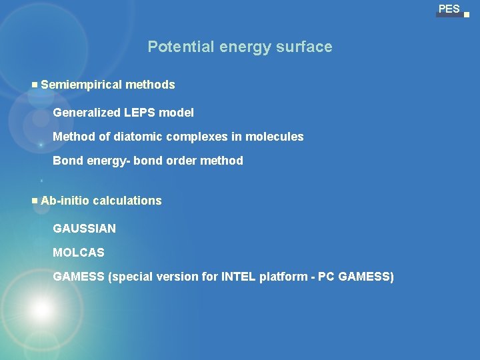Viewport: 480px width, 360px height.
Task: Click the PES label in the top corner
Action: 449,9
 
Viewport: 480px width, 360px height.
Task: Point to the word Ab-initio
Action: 65,201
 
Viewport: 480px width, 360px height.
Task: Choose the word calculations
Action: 127,201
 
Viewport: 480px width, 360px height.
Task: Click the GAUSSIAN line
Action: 84,229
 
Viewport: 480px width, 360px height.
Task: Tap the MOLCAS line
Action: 79,253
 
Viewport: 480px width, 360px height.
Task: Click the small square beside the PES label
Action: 467,14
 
